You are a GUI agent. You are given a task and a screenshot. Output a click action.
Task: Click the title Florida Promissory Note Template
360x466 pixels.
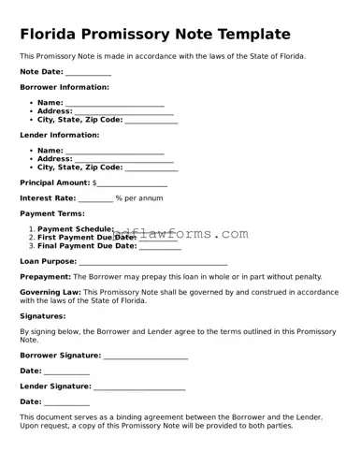(155, 35)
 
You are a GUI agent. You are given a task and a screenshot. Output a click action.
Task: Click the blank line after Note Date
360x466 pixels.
(89, 72)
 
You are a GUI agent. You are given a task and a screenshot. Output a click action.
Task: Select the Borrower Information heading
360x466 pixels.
(65, 87)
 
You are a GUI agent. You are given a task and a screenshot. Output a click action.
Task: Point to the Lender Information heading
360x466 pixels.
(60, 135)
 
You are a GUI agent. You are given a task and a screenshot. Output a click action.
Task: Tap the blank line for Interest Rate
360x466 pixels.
(94, 198)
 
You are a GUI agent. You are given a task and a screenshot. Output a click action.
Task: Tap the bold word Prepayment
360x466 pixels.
(45, 277)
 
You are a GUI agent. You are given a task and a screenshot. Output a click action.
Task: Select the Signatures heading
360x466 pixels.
(43, 316)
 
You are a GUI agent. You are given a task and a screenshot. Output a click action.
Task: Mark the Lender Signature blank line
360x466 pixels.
(139, 386)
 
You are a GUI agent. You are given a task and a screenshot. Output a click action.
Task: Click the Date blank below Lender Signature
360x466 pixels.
(66, 401)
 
